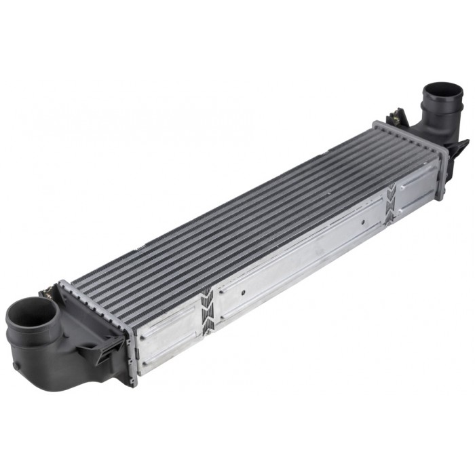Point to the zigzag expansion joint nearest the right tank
pos(391,204)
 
